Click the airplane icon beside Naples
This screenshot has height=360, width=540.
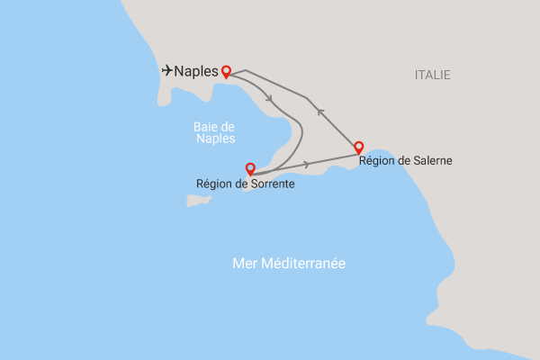click(x=166, y=70)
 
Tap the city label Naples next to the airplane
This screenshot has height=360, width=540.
click(x=196, y=71)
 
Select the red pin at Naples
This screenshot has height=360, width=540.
click(x=226, y=71)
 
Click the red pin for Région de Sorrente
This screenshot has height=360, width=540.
click(x=250, y=168)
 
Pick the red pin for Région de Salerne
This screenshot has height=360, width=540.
click(x=358, y=147)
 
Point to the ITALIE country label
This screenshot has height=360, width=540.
click(x=433, y=75)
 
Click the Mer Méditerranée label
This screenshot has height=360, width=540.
click(x=289, y=263)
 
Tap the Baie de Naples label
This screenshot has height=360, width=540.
click(x=214, y=133)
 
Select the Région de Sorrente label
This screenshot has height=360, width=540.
click(x=246, y=184)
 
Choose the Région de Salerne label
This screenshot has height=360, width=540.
click(x=405, y=162)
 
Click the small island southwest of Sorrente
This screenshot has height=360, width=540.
click(x=199, y=201)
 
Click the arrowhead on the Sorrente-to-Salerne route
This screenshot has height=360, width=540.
click(x=308, y=164)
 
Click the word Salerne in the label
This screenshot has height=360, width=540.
click(x=430, y=162)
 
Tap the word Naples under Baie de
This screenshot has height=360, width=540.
click(x=214, y=139)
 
